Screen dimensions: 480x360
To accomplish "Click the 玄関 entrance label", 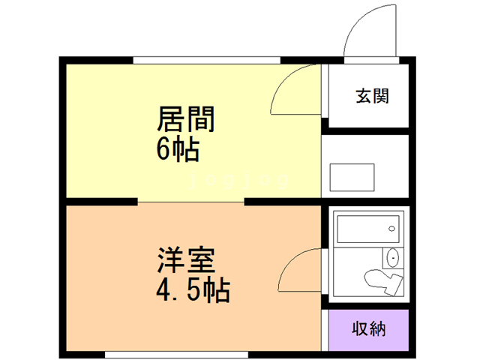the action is tap(372, 96).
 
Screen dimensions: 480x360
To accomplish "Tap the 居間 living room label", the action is tap(185, 119).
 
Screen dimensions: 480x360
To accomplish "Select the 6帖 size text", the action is tap(178, 150).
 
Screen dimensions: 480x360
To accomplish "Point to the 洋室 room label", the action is tap(186, 260).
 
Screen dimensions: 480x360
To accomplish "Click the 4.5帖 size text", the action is tap(193, 290).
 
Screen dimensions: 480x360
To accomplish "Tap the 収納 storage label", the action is tap(369, 329).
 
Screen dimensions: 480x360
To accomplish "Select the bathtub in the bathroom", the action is tap(368, 229).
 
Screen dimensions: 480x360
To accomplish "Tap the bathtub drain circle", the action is tap(391, 229).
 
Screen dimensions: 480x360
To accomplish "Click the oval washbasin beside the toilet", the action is tap(393, 258).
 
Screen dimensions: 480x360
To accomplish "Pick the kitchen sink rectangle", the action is tap(352, 178).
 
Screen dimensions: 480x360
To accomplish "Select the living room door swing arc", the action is tap(283, 80).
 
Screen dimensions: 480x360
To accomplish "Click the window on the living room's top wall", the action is tap(207, 60).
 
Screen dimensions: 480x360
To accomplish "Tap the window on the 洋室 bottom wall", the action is tap(176, 355).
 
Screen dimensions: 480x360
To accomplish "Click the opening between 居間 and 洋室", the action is tap(190, 202).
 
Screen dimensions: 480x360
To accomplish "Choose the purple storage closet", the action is tap(369, 330).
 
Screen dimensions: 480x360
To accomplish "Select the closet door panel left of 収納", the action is tap(325, 330).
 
